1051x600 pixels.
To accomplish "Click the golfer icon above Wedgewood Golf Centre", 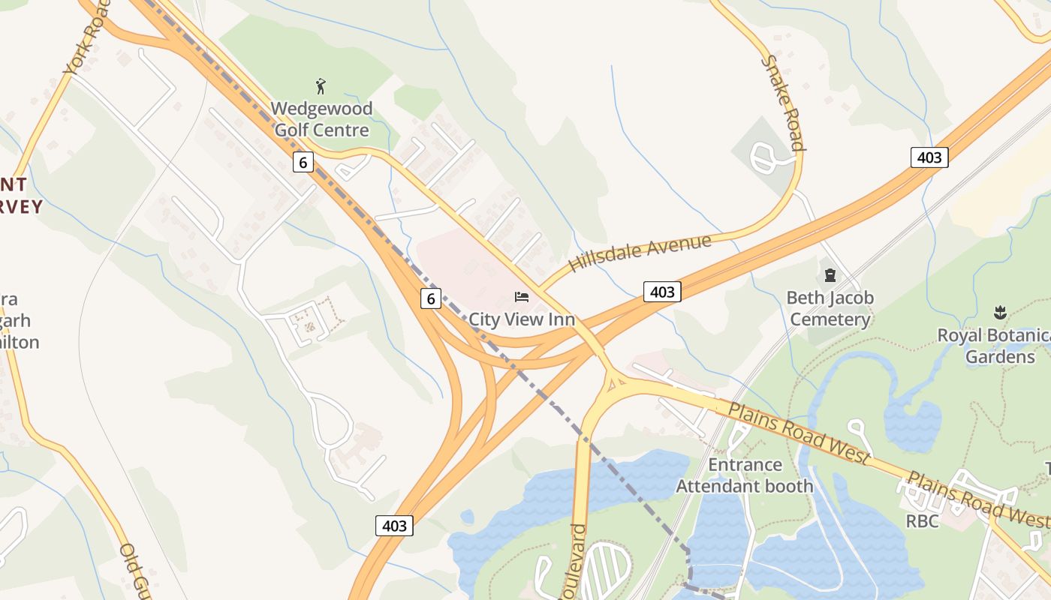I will click(321, 86).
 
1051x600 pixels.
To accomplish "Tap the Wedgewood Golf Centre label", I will click(321, 119).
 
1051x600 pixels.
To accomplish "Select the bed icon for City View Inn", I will click(521, 297).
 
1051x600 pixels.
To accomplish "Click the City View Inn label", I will click(522, 319).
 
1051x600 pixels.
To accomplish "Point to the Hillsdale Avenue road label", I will click(639, 253).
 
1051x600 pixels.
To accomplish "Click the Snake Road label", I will click(784, 103).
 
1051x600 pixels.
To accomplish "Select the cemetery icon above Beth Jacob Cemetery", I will click(830, 275).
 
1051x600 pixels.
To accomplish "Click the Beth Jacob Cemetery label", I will click(830, 309).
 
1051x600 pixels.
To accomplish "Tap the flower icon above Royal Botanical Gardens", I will click(999, 311).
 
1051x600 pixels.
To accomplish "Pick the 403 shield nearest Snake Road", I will click(929, 157).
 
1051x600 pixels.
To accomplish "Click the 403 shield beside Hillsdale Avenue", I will click(662, 292).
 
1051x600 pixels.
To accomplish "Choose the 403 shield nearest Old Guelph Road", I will click(394, 526).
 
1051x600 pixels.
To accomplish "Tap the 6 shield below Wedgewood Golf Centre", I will click(303, 161).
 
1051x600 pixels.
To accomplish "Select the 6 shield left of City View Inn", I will click(430, 298).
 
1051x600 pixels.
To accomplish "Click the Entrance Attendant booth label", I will click(745, 475).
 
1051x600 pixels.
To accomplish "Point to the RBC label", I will click(922, 520).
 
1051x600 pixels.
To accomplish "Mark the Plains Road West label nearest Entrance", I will click(799, 433).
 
